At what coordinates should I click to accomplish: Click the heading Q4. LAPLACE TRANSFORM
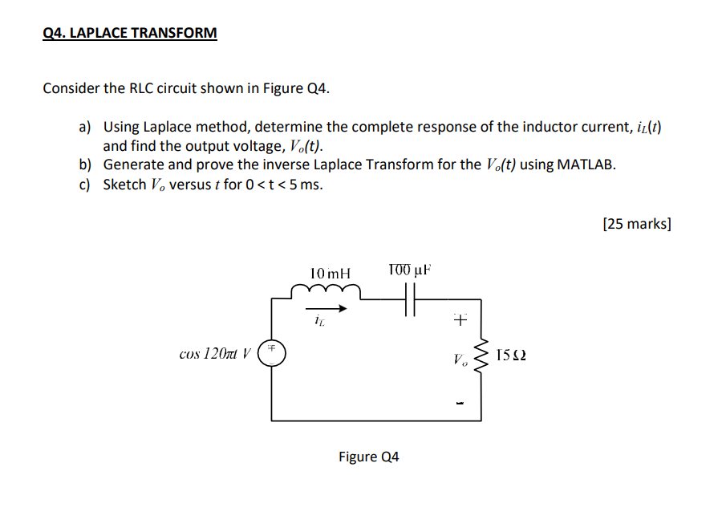click(129, 34)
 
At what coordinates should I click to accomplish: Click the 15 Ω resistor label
click(512, 354)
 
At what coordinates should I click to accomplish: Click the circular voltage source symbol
click(272, 353)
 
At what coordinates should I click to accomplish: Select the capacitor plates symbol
click(411, 302)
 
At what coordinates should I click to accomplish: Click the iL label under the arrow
click(318, 322)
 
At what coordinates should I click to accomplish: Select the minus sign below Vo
click(460, 400)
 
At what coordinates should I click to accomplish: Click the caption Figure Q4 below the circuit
click(368, 457)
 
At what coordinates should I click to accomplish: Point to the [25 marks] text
click(636, 224)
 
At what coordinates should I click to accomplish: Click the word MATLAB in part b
click(586, 165)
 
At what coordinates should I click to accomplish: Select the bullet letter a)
click(85, 127)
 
